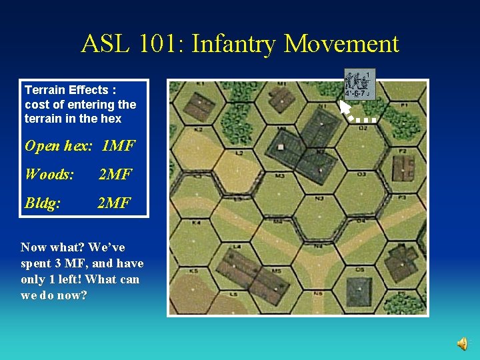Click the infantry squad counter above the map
pyautogui.click(x=360, y=83)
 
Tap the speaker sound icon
pyautogui.click(x=462, y=343)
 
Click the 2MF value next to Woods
pyautogui.click(x=115, y=175)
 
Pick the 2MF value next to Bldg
pyautogui.click(x=114, y=203)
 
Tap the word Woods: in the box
pyautogui.click(x=49, y=175)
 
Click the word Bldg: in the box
pyautogui.click(x=43, y=203)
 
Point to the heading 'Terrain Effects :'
pyautogui.click(x=70, y=89)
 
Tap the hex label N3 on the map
pyautogui.click(x=319, y=198)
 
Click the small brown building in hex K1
pyautogui.click(x=198, y=105)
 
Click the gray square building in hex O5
pyautogui.click(x=358, y=291)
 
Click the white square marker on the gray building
pyautogui.click(x=281, y=147)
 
